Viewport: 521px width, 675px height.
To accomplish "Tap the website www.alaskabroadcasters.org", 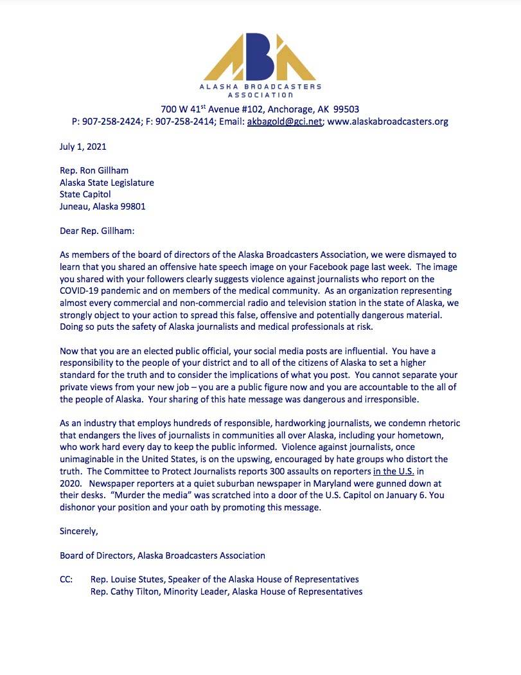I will (388, 122).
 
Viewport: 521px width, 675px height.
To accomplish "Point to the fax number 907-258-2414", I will (182, 122).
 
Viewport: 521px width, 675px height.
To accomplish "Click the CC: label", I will (67, 579).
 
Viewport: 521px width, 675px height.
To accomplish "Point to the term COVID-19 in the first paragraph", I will (82, 291).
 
